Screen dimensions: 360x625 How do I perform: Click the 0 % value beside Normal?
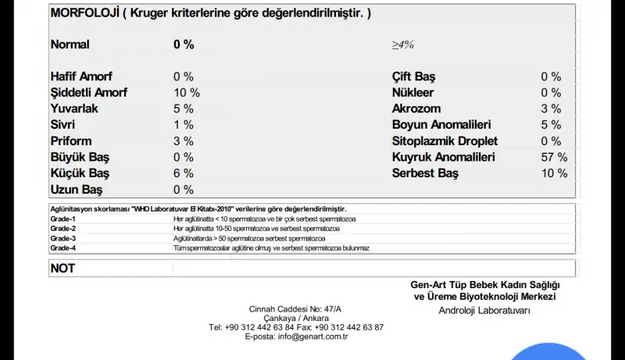point(184,45)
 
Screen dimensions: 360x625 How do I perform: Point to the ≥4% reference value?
point(403,45)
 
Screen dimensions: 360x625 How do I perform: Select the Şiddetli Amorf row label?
point(89,93)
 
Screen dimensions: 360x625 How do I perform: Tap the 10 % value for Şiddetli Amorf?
point(187,93)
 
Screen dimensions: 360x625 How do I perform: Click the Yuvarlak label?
point(74,109)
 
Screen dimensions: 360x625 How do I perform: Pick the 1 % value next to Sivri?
point(184,125)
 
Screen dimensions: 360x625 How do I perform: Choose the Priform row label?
point(71,141)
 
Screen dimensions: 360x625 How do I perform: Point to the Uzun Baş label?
point(77,190)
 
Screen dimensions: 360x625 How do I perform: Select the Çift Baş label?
point(414,77)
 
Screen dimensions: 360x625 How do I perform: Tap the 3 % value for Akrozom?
point(551,109)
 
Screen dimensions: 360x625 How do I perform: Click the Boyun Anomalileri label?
point(441,125)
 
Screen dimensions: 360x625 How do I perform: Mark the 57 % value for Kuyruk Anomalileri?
point(554,158)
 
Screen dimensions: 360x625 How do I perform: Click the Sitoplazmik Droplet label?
point(445,141)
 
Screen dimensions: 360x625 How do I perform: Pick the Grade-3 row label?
point(63,238)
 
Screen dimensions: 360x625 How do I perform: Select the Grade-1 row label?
point(63,219)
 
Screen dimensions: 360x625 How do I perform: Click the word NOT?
point(62,268)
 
